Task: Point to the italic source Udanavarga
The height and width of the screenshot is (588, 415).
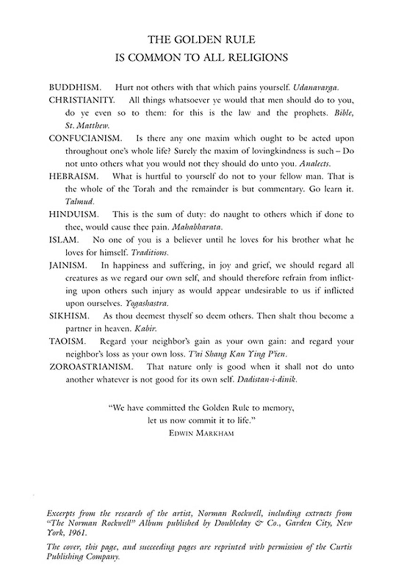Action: (x=316, y=88)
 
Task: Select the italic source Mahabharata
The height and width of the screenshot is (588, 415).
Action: (x=195, y=227)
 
